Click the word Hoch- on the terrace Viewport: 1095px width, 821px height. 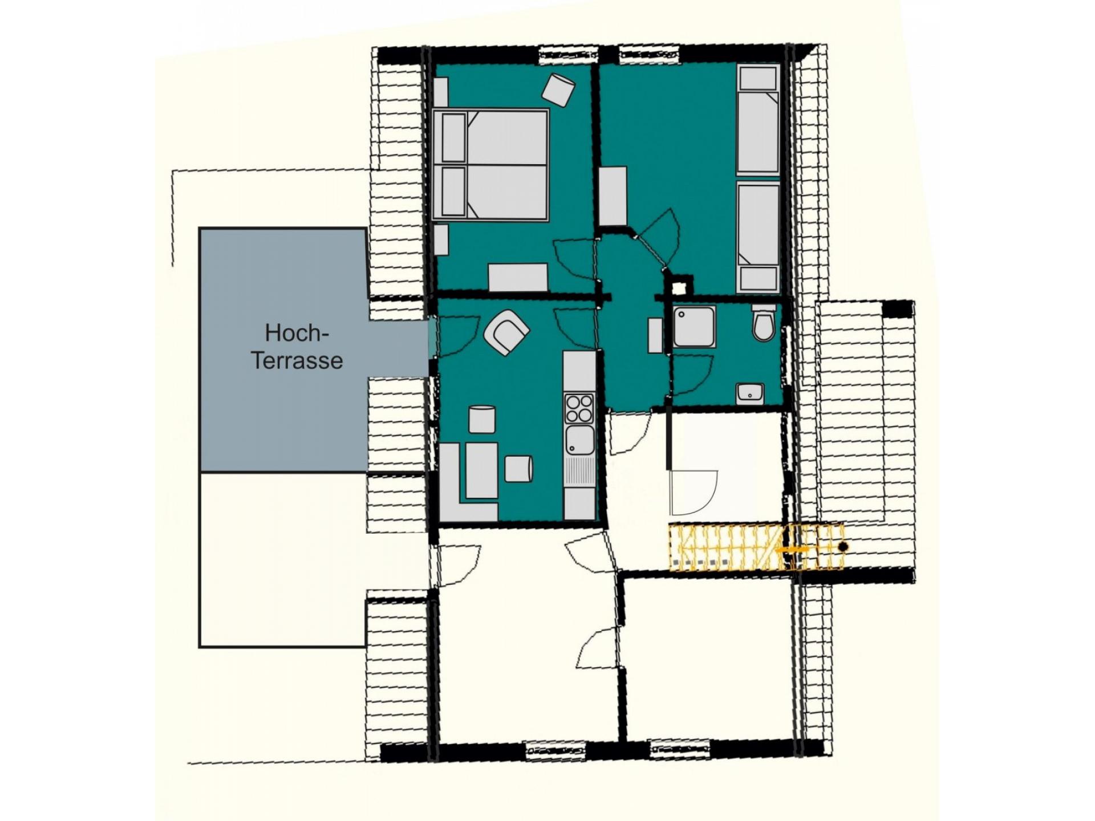(297, 333)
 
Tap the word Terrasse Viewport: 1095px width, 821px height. (297, 360)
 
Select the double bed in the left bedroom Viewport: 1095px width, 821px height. (490, 165)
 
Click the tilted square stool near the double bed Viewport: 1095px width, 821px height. (558, 90)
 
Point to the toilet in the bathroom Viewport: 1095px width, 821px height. (764, 323)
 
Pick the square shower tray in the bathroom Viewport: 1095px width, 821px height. (694, 327)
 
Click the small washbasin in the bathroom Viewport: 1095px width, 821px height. (750, 393)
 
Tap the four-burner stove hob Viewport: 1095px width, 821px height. (579, 409)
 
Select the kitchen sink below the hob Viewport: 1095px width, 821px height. (579, 440)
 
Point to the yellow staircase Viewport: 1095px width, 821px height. (756, 547)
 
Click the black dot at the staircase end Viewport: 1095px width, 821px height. (843, 547)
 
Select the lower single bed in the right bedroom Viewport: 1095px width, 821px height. (758, 238)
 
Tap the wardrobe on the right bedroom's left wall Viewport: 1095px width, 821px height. (613, 196)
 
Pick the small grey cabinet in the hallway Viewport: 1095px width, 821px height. (655, 336)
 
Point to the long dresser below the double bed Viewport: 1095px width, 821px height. (518, 278)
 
